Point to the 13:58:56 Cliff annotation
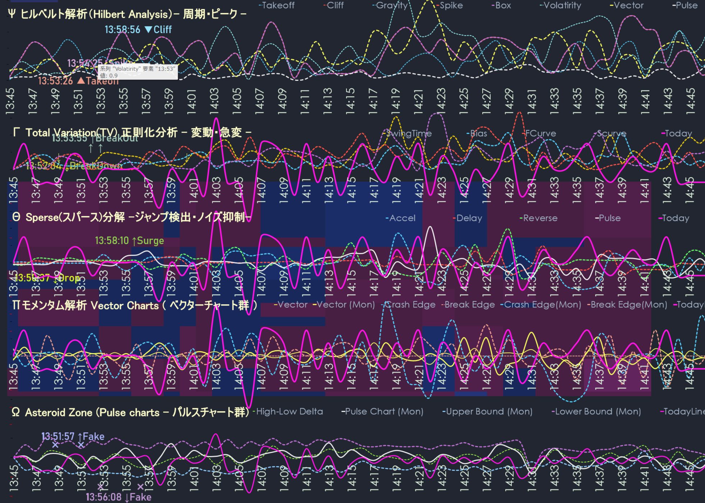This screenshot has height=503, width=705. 138,29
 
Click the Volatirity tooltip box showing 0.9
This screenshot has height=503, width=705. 138,72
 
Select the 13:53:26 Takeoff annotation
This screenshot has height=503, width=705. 78,81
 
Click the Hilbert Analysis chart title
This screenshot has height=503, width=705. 127,14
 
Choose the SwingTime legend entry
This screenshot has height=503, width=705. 409,133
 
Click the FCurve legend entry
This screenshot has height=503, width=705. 540,133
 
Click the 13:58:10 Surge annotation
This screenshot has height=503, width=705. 129,241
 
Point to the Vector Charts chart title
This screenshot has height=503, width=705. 135,305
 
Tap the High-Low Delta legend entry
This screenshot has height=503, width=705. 289,412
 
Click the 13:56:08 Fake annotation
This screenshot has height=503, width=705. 119,497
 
